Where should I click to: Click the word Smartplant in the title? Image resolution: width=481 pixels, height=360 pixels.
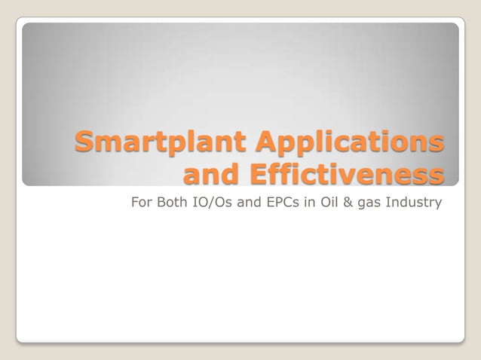(161, 142)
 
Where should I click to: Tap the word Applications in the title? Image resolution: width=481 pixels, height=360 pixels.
(350, 142)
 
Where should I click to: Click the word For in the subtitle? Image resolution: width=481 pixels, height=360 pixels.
(142, 203)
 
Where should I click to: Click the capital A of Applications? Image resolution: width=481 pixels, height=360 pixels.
(268, 142)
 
